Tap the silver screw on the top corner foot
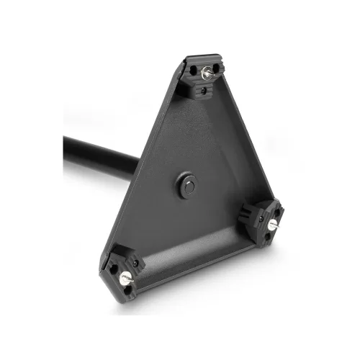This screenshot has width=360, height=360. (x=207, y=72)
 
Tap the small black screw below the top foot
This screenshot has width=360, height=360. (x=204, y=91)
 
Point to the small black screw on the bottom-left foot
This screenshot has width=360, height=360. (x=135, y=264)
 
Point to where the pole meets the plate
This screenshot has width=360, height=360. (x=135, y=164)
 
